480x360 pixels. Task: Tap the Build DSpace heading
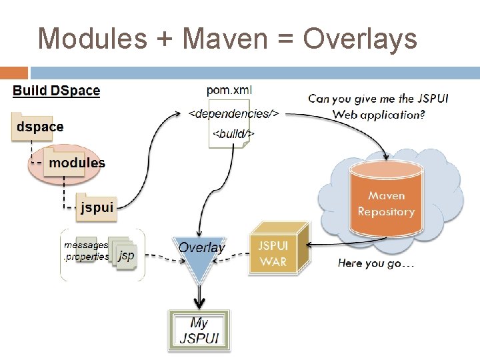57,91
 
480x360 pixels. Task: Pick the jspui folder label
97,207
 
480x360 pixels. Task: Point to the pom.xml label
230,91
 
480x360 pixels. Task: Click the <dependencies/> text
233,113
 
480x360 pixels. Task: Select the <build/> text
233,134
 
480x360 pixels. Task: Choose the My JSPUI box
199,330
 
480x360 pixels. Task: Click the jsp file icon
125,255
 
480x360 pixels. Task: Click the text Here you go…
376,263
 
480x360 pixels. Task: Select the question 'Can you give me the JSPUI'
378,99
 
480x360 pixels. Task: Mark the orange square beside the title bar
14,73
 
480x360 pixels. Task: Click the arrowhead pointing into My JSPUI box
199,305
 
